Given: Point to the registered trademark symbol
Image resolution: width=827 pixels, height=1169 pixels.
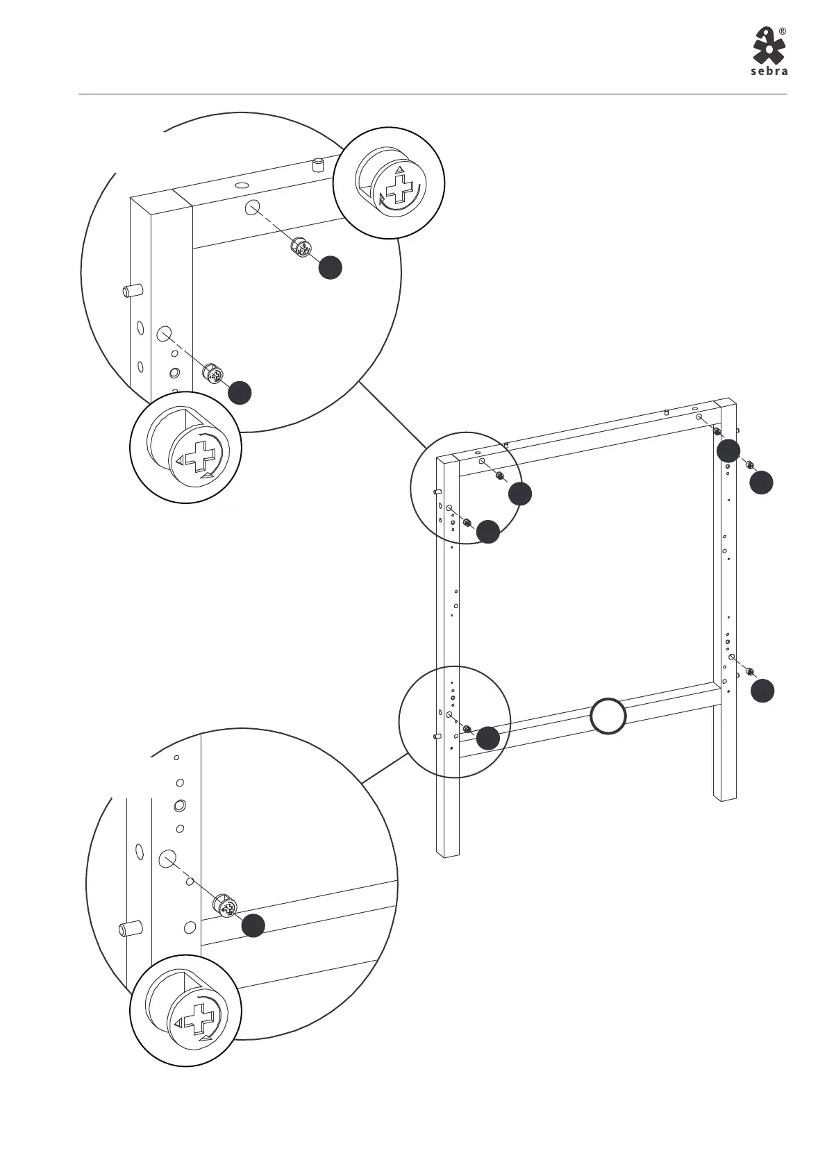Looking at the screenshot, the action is click(783, 31).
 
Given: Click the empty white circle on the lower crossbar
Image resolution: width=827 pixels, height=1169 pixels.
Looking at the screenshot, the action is click(608, 716).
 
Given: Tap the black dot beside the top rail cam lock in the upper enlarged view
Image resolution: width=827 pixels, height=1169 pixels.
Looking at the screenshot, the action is click(331, 268).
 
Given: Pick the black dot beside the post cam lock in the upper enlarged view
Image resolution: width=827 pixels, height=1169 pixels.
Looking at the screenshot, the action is click(240, 392).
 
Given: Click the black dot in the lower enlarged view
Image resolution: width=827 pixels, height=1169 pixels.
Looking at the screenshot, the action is click(253, 925).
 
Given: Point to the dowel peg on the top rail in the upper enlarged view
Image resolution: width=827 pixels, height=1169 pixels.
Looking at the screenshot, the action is click(319, 165).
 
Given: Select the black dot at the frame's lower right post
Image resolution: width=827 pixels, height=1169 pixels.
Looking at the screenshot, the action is click(762, 691).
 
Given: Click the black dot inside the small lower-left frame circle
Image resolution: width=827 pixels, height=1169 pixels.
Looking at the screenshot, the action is click(488, 738).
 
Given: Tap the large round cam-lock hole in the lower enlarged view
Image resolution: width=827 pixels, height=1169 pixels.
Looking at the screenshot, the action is click(166, 859).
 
